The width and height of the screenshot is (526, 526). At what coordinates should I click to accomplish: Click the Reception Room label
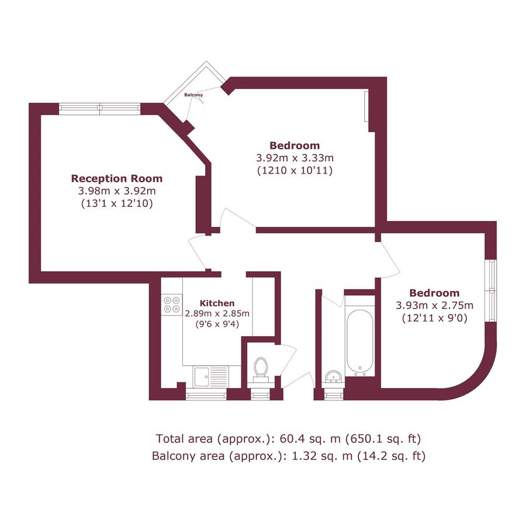[x=117, y=178]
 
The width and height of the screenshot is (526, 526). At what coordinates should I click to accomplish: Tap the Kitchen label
[x=217, y=303]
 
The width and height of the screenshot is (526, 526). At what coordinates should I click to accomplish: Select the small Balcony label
[x=193, y=95]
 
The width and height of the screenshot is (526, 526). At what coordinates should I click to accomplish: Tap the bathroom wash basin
[x=334, y=376]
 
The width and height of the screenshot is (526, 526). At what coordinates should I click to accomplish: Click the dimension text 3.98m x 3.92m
[x=117, y=191]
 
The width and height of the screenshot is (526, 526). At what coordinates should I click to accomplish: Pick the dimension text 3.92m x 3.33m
[x=295, y=158]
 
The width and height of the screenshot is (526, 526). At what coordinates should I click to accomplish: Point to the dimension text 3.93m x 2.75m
[x=434, y=306]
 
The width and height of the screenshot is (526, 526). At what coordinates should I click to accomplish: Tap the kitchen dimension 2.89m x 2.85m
[x=217, y=314]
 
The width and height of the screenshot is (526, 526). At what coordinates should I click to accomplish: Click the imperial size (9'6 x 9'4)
[x=217, y=324]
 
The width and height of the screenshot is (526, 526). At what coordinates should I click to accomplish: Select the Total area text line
[x=289, y=438]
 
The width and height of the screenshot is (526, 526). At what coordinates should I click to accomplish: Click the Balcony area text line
[x=289, y=456]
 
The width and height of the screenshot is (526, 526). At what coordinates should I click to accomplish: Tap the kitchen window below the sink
[x=206, y=396]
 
